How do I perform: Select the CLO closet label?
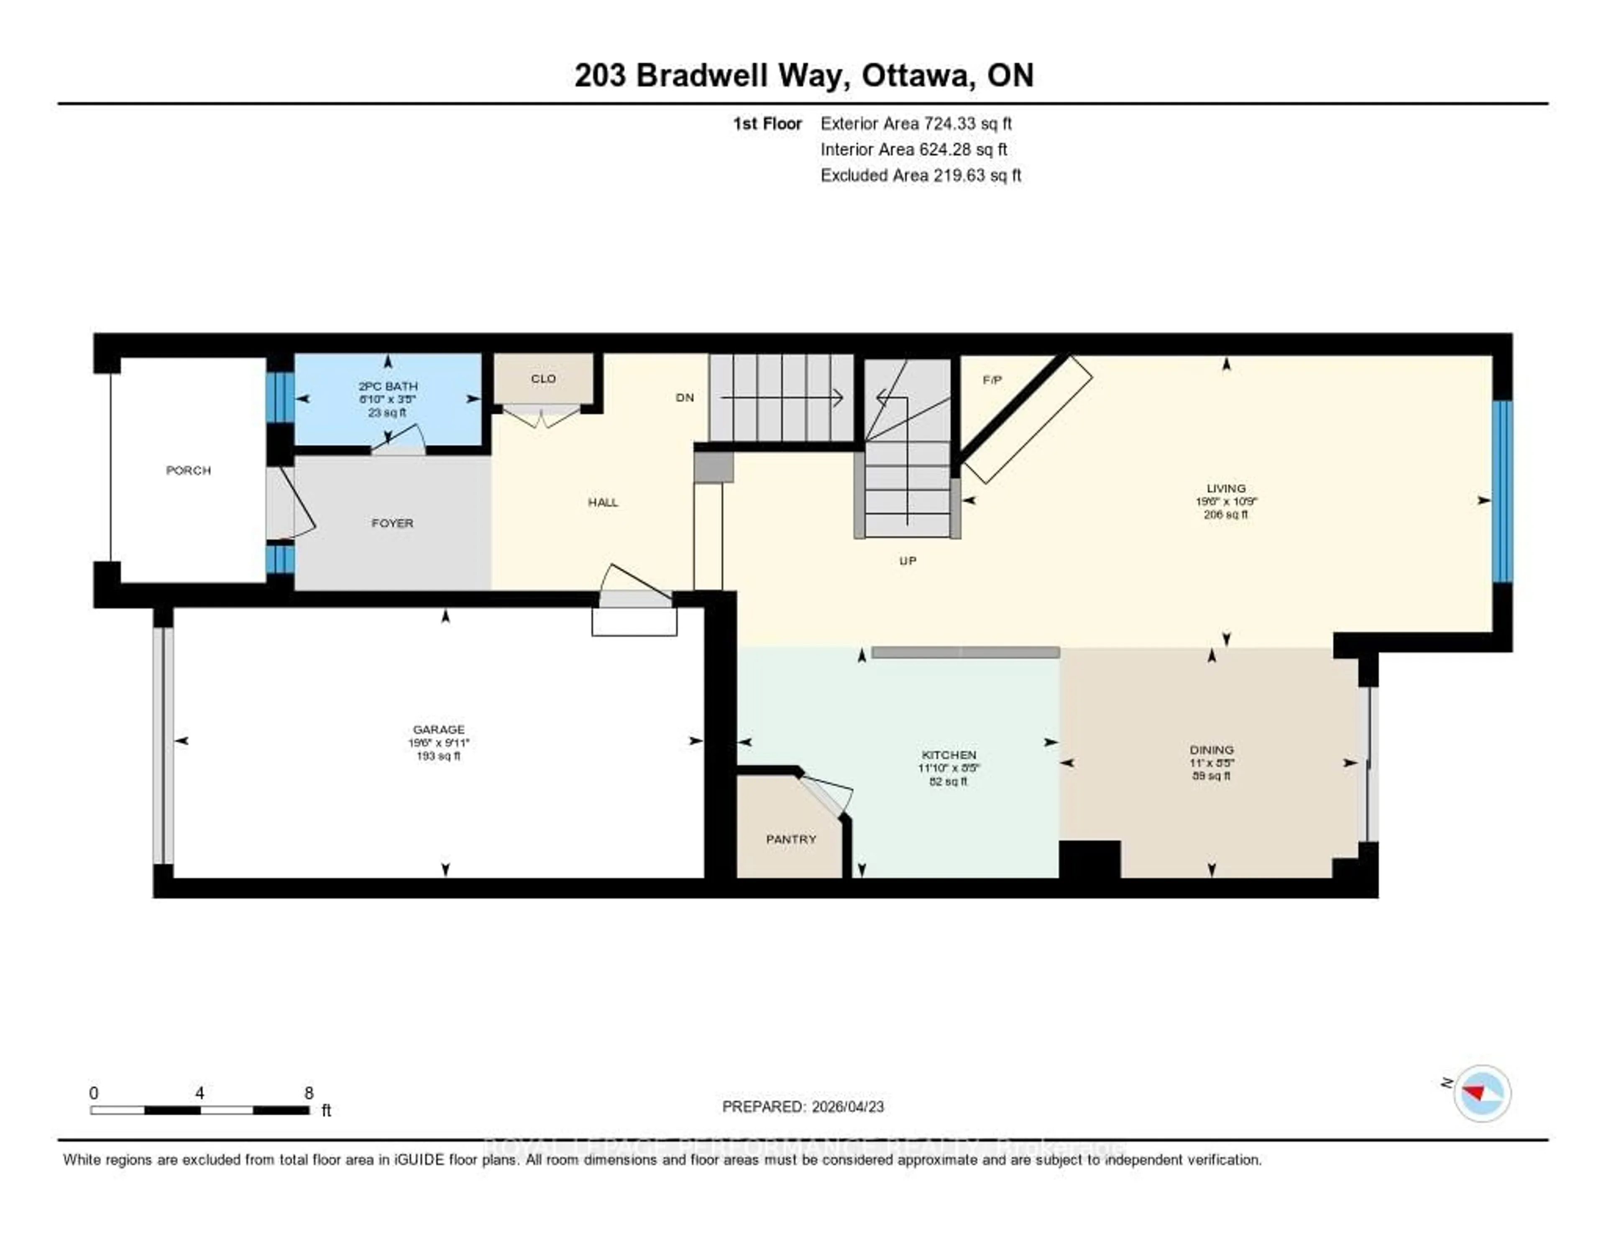[x=543, y=378]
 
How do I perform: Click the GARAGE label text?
[x=438, y=729]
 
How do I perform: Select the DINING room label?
[x=1211, y=750]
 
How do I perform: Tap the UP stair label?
[x=908, y=561]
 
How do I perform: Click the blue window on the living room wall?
[x=1502, y=491]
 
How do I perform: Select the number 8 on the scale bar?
[x=309, y=1093]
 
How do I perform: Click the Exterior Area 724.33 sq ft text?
[x=916, y=123]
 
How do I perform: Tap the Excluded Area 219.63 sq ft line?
[x=921, y=175]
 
